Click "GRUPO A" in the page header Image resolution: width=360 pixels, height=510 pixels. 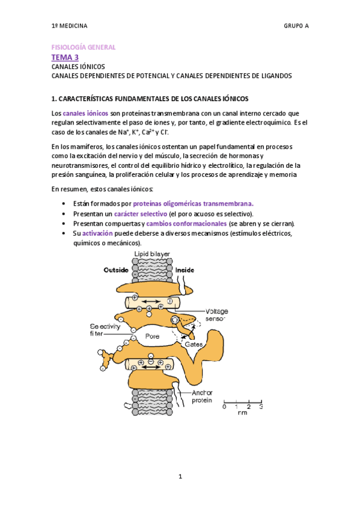pos(296,26)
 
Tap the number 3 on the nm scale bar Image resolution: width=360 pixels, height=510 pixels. pos(261,407)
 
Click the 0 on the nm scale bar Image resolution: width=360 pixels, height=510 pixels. pos(224,407)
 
